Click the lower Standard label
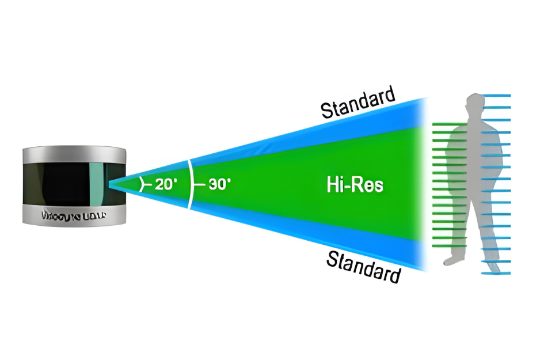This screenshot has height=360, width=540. (363, 266)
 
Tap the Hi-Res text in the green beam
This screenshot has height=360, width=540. (355, 185)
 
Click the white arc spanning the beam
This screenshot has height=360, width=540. (190, 184)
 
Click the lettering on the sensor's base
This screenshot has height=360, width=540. (74, 216)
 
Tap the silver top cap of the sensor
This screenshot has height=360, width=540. (74, 154)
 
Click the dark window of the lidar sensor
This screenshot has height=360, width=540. (63, 184)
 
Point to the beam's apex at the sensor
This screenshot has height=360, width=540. (111, 184)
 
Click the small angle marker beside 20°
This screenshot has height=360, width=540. (142, 184)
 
